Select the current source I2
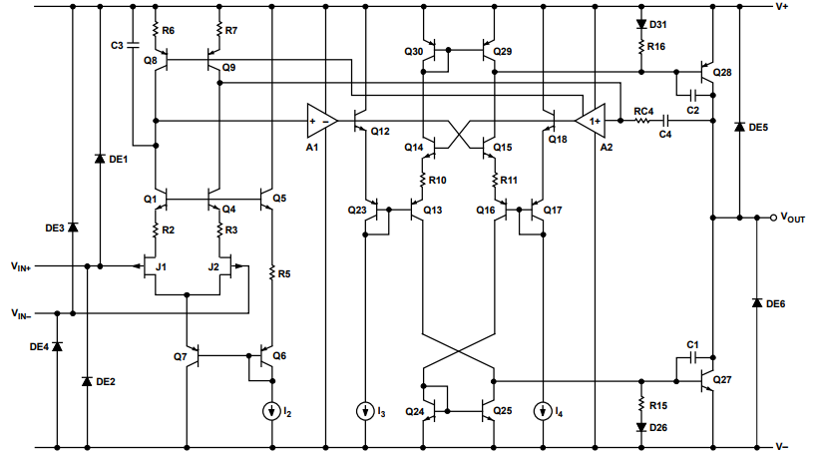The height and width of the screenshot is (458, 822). click(273, 410)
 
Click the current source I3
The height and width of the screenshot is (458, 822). click(369, 410)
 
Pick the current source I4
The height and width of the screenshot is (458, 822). click(545, 410)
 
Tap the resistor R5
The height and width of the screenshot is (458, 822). click(273, 272)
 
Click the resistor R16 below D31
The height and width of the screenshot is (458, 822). click(640, 46)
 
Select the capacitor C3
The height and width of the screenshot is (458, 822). click(135, 46)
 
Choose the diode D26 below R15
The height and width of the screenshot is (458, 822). click(640, 427)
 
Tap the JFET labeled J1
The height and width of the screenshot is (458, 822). click(152, 267)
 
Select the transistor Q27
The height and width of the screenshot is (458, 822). click(707, 380)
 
